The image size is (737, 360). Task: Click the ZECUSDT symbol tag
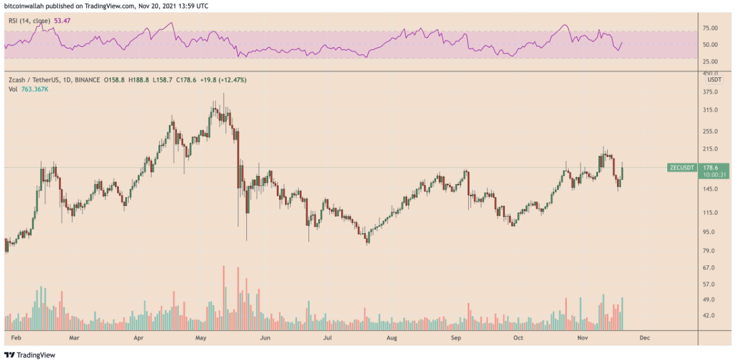tap(682, 168)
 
